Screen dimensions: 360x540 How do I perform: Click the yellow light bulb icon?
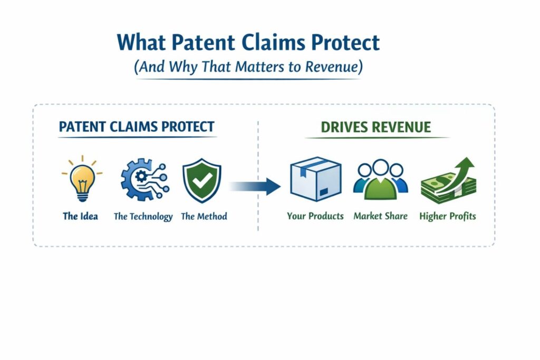coord(81,179)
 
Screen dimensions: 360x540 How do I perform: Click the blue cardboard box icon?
coord(315,180)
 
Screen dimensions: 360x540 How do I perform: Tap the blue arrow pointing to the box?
coord(256,186)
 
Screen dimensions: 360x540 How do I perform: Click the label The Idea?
coord(80,216)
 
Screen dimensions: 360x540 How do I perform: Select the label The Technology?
coord(143,216)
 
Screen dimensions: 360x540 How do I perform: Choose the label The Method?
coord(204,216)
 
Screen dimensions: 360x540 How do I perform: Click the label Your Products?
coord(315,216)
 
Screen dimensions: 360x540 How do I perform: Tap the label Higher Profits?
coord(448,216)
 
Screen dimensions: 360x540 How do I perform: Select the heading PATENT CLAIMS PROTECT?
coord(137,127)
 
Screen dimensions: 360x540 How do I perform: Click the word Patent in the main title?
coord(203,42)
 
